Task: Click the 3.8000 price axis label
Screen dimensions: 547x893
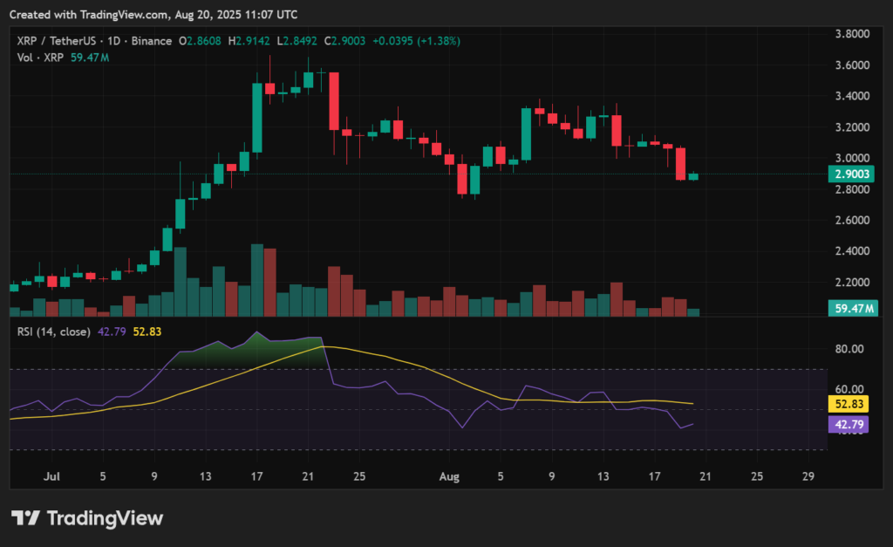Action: pyautogui.click(x=851, y=33)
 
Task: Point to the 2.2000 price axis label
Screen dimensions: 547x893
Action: pyautogui.click(x=851, y=283)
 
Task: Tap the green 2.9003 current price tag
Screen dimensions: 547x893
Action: pyautogui.click(x=851, y=174)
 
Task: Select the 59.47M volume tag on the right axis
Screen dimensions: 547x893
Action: pyautogui.click(x=854, y=309)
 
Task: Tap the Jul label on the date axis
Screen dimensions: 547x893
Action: pyautogui.click(x=51, y=477)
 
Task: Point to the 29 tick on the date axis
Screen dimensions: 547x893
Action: pyautogui.click(x=808, y=477)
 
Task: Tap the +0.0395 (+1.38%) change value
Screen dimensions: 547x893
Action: pyautogui.click(x=423, y=41)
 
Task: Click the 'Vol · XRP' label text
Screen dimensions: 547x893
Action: pyautogui.click(x=41, y=58)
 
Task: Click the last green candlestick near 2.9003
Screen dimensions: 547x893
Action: pyautogui.click(x=693, y=177)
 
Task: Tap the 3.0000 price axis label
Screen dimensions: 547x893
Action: pyautogui.click(x=851, y=158)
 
